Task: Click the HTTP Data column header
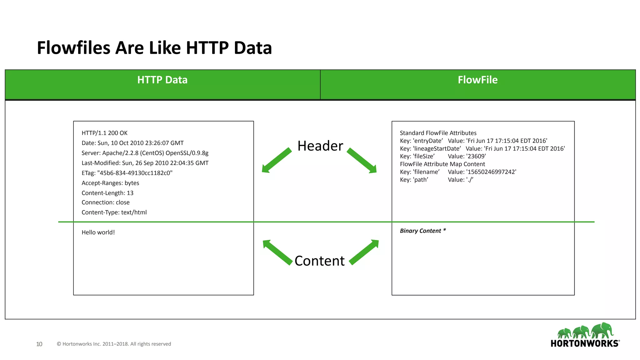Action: click(x=162, y=80)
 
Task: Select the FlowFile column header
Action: click(x=477, y=80)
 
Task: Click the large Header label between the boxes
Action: click(x=320, y=146)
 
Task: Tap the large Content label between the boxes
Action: click(x=319, y=261)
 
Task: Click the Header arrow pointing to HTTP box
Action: click(x=276, y=160)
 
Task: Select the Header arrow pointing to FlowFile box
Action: click(x=362, y=161)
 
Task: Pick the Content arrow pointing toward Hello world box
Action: click(x=277, y=252)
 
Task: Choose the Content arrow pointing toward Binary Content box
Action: click(x=364, y=252)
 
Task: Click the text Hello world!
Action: click(x=98, y=232)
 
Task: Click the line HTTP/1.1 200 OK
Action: click(x=104, y=133)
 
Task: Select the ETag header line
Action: click(x=127, y=173)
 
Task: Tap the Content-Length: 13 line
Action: click(x=107, y=193)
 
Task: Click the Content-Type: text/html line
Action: click(x=114, y=212)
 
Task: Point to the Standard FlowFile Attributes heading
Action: click(x=438, y=133)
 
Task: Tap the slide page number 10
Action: click(x=39, y=344)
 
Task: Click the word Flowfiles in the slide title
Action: click(x=73, y=48)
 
